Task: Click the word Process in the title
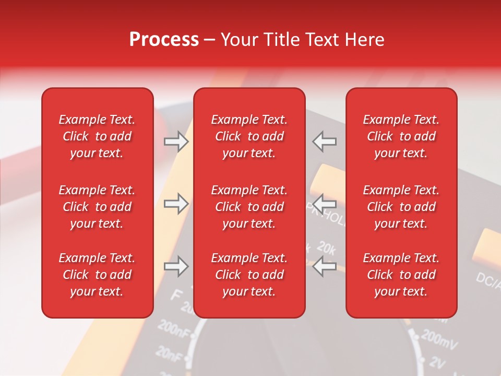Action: tap(164, 40)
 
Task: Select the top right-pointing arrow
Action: tap(176, 142)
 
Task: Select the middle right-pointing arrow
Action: tap(176, 204)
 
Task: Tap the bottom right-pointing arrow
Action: tap(176, 267)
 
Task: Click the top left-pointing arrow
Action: tap(324, 142)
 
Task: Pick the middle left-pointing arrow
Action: tap(324, 204)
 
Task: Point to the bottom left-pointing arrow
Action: tap(324, 267)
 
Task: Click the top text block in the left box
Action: tap(97, 136)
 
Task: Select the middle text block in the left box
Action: tap(97, 207)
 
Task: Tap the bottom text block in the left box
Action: tap(97, 275)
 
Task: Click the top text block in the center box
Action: tap(249, 136)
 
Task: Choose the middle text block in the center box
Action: tap(249, 207)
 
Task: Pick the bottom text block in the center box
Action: tap(249, 275)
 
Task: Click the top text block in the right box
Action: tap(401, 136)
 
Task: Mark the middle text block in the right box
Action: tap(401, 207)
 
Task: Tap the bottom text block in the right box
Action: tap(401, 275)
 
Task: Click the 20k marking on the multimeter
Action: tap(326, 249)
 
